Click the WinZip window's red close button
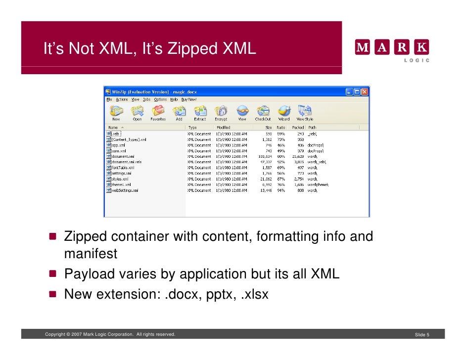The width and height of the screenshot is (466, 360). click(364, 92)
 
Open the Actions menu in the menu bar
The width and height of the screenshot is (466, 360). click(122, 99)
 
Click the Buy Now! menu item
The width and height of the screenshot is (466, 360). click(189, 99)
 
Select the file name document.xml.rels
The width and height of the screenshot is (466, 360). click(127, 162)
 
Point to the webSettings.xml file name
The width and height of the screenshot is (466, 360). click(125, 190)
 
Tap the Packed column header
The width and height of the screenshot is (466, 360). click(298, 128)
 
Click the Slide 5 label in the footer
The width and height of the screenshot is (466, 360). click(422, 335)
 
